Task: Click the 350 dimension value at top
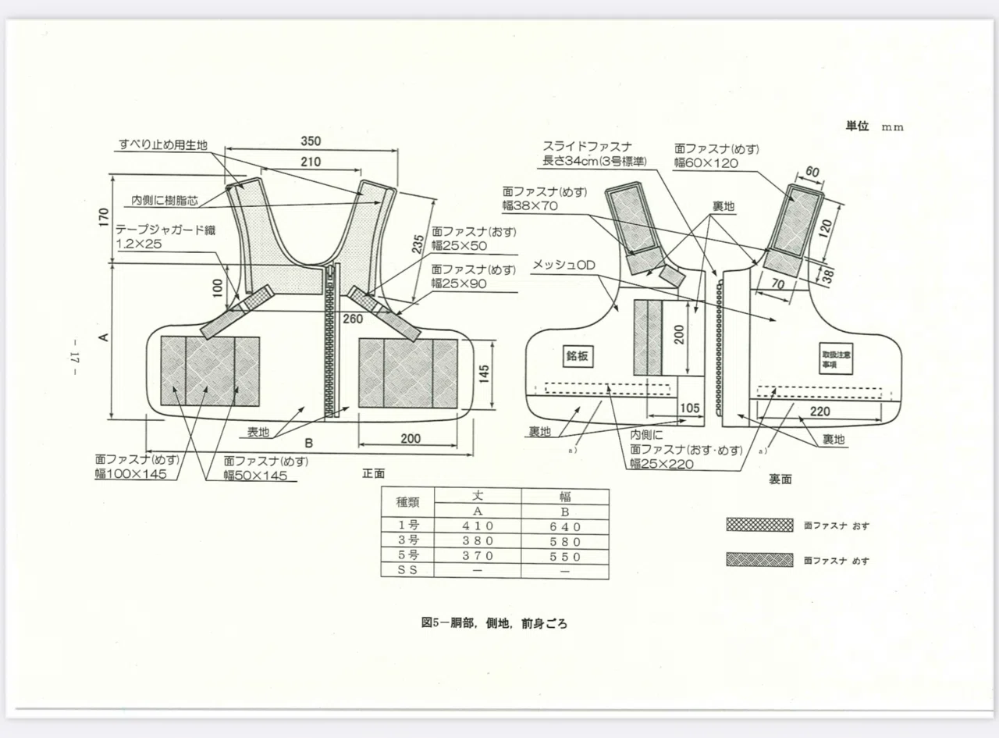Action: [311, 141]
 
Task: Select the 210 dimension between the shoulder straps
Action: [311, 162]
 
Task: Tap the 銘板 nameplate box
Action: [578, 356]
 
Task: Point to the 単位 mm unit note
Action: [875, 127]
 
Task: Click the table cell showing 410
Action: [478, 526]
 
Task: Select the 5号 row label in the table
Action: [408, 555]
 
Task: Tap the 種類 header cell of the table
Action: [407, 502]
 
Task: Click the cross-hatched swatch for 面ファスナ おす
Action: [760, 525]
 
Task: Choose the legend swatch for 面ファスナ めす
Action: [760, 560]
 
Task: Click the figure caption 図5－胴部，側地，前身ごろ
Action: [494, 623]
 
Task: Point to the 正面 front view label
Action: [374, 473]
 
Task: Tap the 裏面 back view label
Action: [780, 480]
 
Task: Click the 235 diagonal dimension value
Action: [418, 244]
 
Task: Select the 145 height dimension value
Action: [484, 374]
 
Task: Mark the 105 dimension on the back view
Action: [690, 408]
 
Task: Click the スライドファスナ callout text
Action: [588, 147]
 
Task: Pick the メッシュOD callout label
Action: [564, 265]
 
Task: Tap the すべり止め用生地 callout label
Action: [163, 144]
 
